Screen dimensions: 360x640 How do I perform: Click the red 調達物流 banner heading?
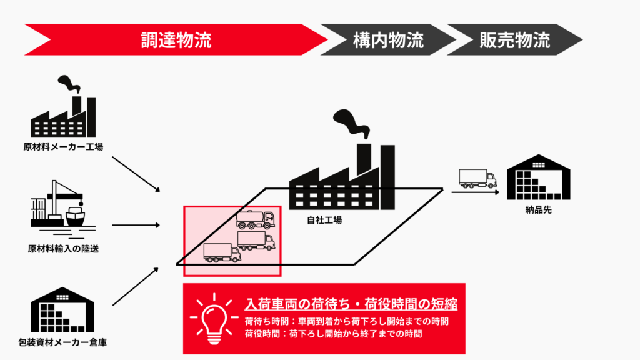175,40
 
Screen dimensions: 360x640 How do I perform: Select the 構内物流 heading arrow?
387,40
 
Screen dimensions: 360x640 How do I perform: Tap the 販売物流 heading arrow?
514,40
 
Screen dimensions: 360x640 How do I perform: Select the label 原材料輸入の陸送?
63,248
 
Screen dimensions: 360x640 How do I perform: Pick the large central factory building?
342,181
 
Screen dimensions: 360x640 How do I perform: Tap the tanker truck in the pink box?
255,220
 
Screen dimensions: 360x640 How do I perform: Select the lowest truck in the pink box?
222,252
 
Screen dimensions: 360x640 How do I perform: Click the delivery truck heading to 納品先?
477,179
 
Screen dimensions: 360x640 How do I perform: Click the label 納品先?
538,209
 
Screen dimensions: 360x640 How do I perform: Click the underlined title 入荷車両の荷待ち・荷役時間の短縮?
351,304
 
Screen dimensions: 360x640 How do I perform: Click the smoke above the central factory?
350,122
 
